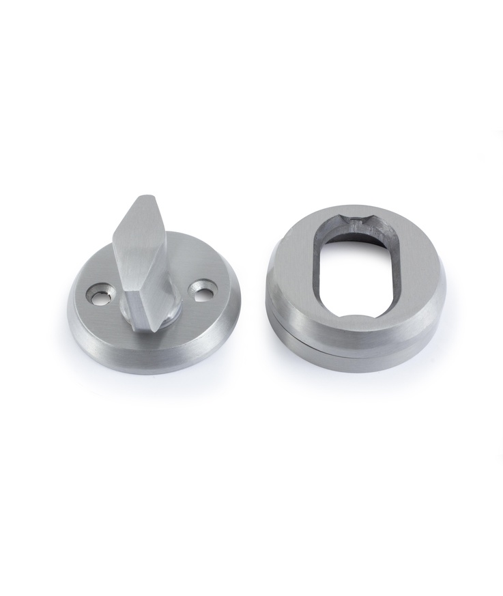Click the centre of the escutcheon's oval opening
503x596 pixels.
tap(356, 270)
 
